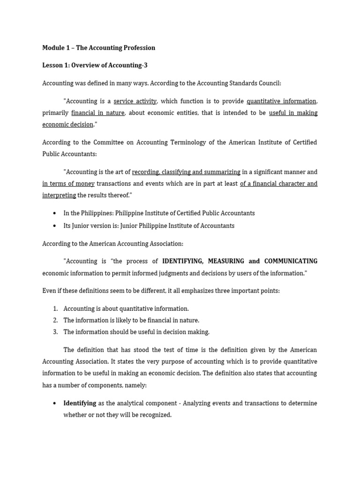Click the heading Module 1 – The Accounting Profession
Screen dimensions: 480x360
click(x=98, y=47)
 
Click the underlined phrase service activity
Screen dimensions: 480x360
click(x=135, y=101)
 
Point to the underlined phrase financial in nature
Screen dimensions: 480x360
click(x=97, y=112)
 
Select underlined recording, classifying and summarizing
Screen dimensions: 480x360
click(x=186, y=172)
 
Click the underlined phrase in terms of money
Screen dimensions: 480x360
click(x=68, y=183)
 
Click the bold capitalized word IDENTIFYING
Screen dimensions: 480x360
click(x=182, y=261)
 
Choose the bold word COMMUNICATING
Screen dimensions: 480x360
click(x=291, y=261)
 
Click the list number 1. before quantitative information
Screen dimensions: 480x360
click(x=55, y=308)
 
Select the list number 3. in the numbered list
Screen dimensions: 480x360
click(x=55, y=332)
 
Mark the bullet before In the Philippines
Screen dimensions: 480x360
click(x=54, y=213)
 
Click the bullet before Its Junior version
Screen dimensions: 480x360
click(x=54, y=226)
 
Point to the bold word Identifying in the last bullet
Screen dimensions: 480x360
click(x=80, y=403)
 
